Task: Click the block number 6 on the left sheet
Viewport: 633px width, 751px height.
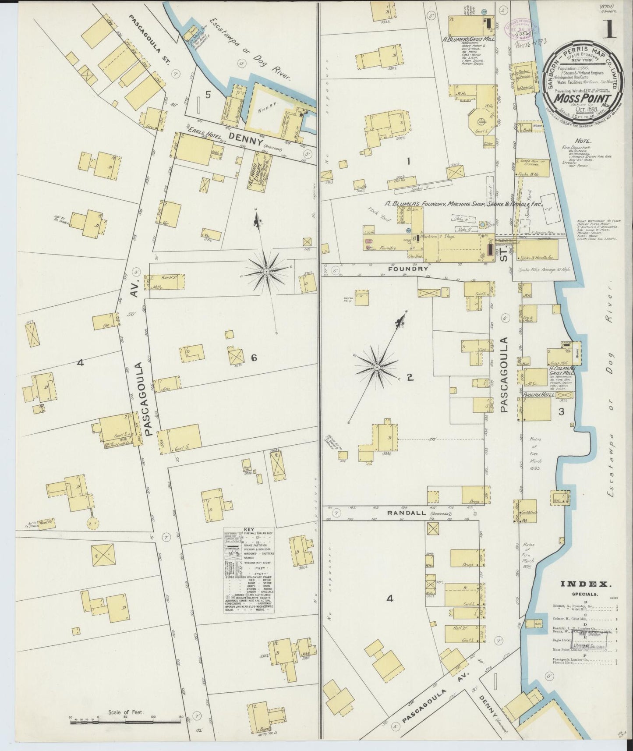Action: click(253, 358)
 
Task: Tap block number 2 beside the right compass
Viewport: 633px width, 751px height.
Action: click(410, 377)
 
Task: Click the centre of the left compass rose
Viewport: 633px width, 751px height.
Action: click(266, 272)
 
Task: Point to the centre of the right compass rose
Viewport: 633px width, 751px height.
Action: click(376, 366)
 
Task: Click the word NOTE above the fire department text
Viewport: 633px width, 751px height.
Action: click(584, 142)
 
